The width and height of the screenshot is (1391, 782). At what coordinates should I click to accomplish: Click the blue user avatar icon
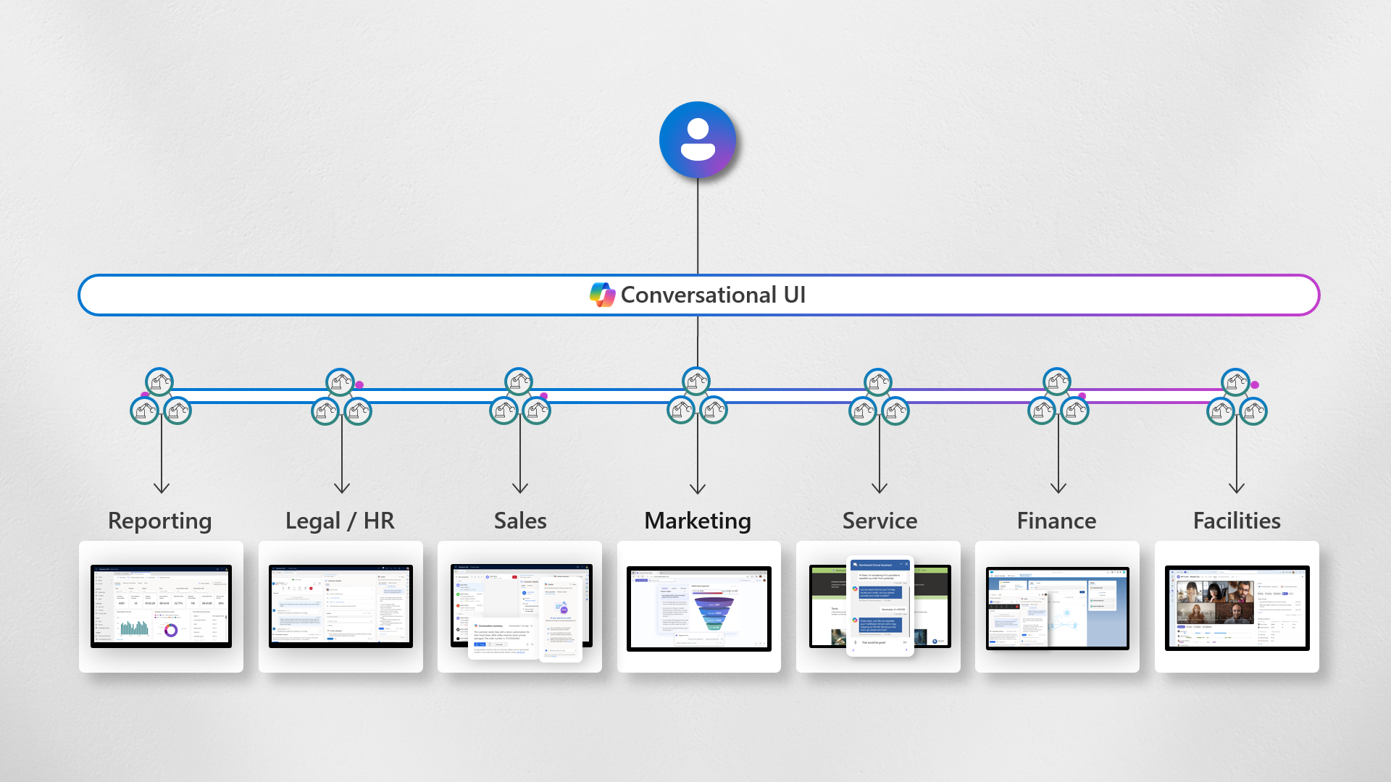pos(697,140)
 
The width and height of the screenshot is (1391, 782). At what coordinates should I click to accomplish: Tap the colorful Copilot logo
pos(602,295)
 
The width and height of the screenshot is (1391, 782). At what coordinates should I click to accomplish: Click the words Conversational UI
pos(713,295)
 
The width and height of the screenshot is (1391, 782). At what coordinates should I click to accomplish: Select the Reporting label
pos(160,521)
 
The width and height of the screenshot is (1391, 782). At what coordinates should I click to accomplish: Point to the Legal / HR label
pos(340,521)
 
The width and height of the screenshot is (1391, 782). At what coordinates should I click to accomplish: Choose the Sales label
pos(520,521)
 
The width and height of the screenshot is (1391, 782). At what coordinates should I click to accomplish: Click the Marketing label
pos(698,521)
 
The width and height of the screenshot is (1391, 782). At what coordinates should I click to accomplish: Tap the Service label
pos(880,521)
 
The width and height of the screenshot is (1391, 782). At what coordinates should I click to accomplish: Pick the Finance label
pos(1056,521)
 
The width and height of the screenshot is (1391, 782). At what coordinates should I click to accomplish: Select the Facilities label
pos(1237,521)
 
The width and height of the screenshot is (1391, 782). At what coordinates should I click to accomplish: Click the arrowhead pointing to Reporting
pos(162,488)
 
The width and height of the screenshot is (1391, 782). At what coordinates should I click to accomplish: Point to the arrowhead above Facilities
pos(1237,488)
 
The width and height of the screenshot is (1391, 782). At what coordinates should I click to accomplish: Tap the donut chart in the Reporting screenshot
pos(171,630)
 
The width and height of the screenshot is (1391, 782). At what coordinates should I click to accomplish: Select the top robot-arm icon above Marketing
pos(696,381)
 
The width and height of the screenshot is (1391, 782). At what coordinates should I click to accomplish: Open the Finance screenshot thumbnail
pos(1057,607)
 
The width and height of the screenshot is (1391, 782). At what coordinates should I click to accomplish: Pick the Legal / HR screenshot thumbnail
pos(341,607)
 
